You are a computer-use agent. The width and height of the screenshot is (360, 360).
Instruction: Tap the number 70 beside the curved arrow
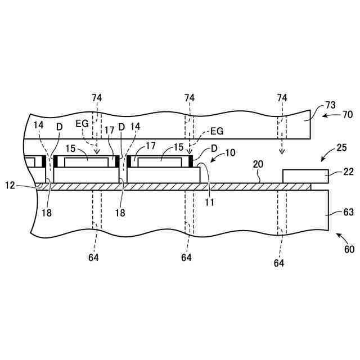coord(348,115)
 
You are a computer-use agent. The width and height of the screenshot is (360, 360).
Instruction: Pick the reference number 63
coord(348,213)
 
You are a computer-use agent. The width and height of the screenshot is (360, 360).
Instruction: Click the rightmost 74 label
coord(282,98)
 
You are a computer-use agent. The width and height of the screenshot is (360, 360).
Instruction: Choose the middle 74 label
coord(190,98)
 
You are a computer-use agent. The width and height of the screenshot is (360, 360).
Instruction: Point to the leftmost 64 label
coord(93,258)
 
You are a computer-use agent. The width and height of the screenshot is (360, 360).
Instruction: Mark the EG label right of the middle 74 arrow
coord(217,131)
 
